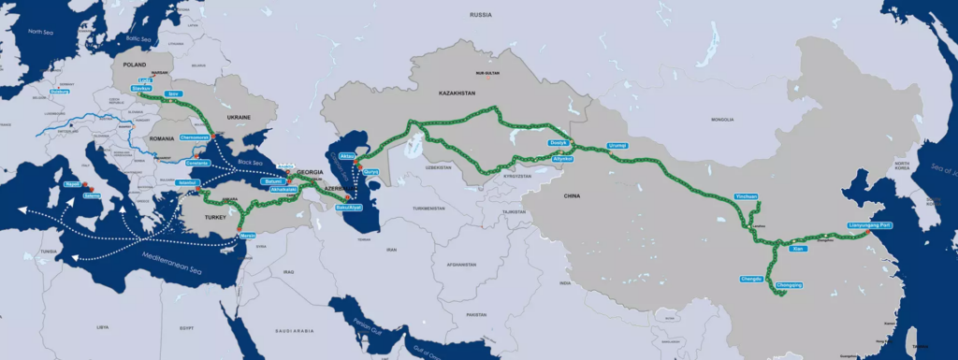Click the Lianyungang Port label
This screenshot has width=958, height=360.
coord(870,225)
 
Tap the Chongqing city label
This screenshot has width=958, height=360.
coord(790,284)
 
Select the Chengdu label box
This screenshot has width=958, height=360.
coord(751,278)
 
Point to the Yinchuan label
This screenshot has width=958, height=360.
coord(745,197)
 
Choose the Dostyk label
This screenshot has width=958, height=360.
coord(559,142)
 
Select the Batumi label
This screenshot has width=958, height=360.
coord(274,181)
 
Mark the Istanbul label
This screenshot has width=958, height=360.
coord(185,182)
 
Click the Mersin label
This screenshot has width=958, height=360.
coord(249,236)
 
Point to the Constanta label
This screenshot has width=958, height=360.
coord(197,161)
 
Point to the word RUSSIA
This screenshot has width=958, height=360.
coord(481,15)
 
